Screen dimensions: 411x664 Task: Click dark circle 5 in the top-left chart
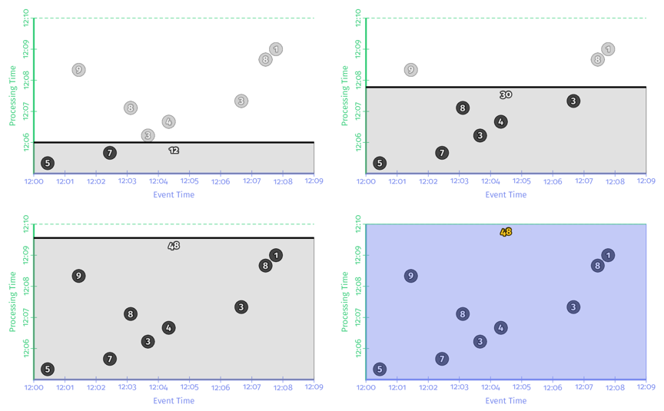pos(48,163)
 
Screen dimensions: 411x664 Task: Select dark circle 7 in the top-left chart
pos(110,153)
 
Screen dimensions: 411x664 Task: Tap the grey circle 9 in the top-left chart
pos(78,70)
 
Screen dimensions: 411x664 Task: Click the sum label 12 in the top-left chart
pos(174,151)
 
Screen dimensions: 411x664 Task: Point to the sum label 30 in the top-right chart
pos(506,94)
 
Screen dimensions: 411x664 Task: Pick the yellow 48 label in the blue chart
pos(506,232)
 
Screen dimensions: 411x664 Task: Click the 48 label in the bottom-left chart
pos(174,246)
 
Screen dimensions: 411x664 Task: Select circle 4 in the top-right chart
pos(500,121)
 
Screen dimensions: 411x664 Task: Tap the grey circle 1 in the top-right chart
pos(608,49)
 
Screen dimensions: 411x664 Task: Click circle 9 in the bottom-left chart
pos(78,276)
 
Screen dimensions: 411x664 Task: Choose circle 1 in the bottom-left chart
pos(276,255)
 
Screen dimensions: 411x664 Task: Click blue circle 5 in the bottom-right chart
pos(380,370)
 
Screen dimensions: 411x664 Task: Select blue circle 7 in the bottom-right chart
pos(442,359)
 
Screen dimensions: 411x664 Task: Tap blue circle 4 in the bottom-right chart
pos(500,328)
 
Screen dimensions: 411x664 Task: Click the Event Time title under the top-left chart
pos(174,194)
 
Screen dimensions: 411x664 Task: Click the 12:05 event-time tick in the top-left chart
pos(189,181)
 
